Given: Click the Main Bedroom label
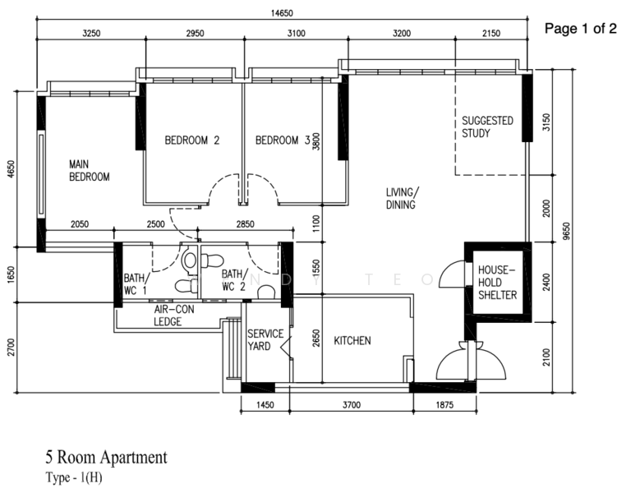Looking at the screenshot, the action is tap(90, 171).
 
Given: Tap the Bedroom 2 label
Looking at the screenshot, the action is tap(192, 141).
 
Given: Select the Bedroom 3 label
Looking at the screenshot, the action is tap(283, 141).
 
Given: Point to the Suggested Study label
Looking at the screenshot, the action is tap(487, 127).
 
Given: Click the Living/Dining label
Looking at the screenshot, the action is tap(403, 198).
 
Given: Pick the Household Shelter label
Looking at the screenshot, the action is tap(498, 283).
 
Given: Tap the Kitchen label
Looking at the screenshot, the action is tap(352, 341).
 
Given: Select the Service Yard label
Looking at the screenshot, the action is tap(265, 340).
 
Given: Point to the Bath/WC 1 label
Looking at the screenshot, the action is tap(135, 284).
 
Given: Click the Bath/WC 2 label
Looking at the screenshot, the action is tap(235, 280).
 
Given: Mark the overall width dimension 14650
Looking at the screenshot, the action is tap(282, 13).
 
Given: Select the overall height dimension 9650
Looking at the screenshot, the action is tap(566, 231).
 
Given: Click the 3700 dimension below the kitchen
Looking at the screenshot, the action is tap(352, 405).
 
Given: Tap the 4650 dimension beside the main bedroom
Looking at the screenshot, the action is tap(11, 168).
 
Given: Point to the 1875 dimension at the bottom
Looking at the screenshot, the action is tap(444, 405).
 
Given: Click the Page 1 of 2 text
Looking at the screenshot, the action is tap(580, 29).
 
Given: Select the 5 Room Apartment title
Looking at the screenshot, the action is tap(106, 457).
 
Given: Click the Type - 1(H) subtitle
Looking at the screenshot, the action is tap(74, 477).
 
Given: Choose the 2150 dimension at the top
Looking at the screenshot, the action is tap(491, 33).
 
